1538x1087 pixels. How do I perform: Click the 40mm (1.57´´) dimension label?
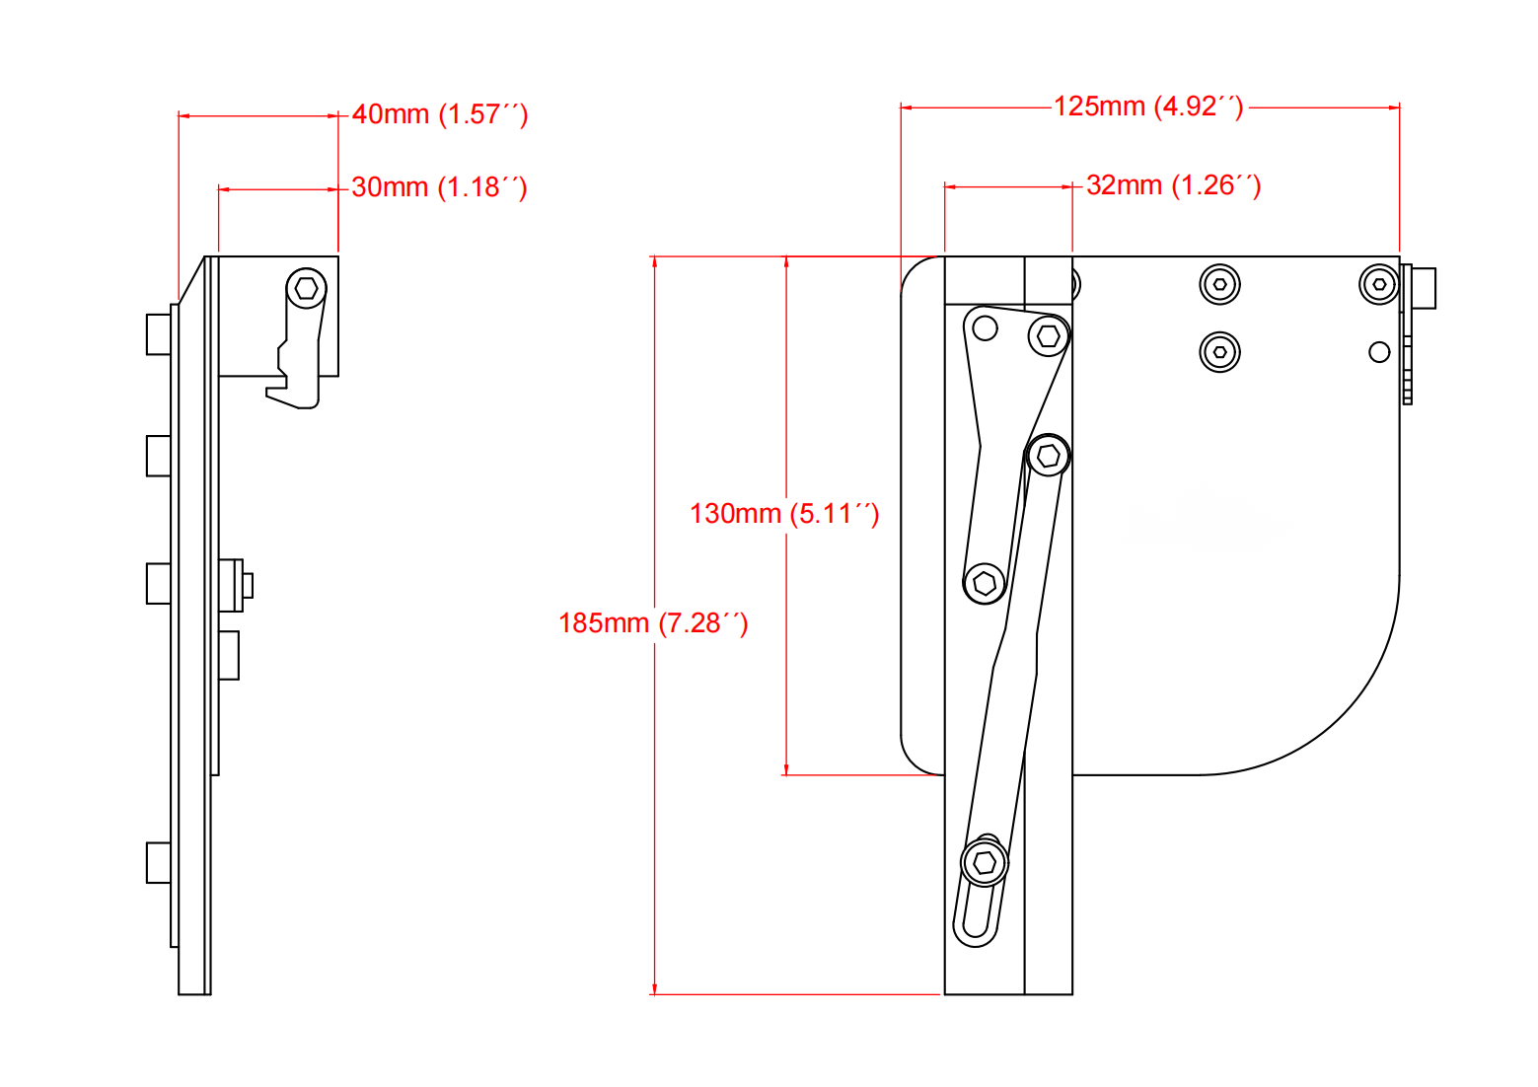tap(439, 114)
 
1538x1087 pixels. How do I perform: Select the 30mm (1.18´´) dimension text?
tap(439, 186)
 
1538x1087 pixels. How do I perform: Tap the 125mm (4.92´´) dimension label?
tap(1148, 107)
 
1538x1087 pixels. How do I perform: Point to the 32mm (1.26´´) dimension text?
tap(1173, 185)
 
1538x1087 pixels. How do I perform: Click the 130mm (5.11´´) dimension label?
tap(784, 514)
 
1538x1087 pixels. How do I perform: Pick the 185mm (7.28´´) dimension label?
tap(653, 622)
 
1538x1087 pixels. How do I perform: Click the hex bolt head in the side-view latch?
tap(306, 288)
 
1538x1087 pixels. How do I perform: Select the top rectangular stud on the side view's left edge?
tap(159, 334)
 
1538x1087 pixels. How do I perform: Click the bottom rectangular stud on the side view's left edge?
tap(159, 862)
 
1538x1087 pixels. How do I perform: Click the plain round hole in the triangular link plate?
tap(986, 328)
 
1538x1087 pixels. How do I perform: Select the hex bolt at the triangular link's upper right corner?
tap(1049, 335)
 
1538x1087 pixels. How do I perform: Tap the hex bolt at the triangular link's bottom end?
tap(985, 584)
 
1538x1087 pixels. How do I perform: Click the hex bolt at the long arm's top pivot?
tap(1049, 456)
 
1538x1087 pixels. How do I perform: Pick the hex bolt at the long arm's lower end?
tap(985, 863)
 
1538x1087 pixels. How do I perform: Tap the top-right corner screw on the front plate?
tap(1379, 284)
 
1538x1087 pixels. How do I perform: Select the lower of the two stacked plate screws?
tap(1220, 352)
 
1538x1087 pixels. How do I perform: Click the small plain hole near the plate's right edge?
tap(1379, 352)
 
